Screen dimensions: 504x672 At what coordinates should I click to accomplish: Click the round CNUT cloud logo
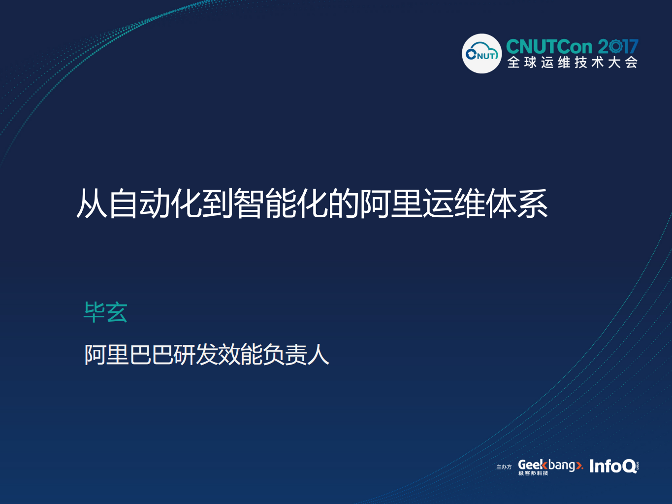[481, 53]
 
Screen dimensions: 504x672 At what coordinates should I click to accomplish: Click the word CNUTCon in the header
[549, 47]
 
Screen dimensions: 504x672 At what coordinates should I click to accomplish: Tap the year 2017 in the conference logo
[618, 47]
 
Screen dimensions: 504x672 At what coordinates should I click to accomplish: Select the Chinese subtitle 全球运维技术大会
[573, 63]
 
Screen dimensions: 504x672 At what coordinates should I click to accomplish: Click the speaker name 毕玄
[105, 312]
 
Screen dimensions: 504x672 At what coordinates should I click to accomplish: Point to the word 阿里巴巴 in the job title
[128, 355]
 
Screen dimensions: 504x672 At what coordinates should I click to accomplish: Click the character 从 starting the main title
[92, 203]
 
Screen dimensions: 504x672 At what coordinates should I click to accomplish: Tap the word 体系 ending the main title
[516, 203]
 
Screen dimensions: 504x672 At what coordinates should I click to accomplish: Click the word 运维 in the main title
[453, 203]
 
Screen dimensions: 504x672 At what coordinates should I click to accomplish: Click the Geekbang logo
[549, 465]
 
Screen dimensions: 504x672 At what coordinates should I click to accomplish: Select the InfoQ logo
[613, 466]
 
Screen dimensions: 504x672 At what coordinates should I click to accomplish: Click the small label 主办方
[504, 467]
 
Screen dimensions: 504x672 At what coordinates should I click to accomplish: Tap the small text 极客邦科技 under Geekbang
[533, 473]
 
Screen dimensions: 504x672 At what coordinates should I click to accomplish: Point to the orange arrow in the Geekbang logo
[579, 465]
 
